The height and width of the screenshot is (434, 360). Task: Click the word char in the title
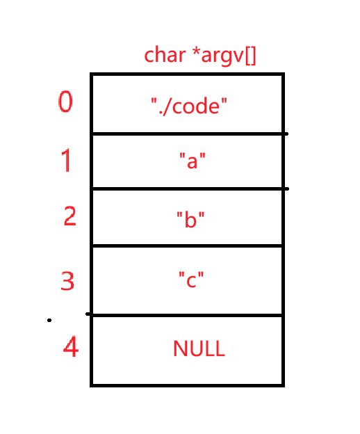165,55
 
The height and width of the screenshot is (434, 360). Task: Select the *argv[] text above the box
224,56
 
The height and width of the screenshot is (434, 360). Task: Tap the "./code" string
189,106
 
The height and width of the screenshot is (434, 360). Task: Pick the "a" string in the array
193,161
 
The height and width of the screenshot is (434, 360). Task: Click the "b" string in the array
190,219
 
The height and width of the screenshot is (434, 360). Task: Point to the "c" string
191,280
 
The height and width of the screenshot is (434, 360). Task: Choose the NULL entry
199,348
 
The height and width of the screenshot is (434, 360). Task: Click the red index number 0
65,102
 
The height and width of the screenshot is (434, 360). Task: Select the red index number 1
66,160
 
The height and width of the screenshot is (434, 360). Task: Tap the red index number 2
69,216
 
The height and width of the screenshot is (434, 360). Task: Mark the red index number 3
67,281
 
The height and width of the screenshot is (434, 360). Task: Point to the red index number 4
71,346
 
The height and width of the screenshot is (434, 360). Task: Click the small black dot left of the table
49,320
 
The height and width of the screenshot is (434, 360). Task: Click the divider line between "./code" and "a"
190,134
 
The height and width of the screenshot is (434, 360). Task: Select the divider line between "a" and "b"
190,188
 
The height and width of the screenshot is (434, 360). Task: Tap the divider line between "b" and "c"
188,246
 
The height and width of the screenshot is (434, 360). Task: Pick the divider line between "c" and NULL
185,315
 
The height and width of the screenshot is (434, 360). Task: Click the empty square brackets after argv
250,56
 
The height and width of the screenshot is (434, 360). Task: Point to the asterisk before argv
196,51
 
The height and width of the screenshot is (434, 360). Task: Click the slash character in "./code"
167,106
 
